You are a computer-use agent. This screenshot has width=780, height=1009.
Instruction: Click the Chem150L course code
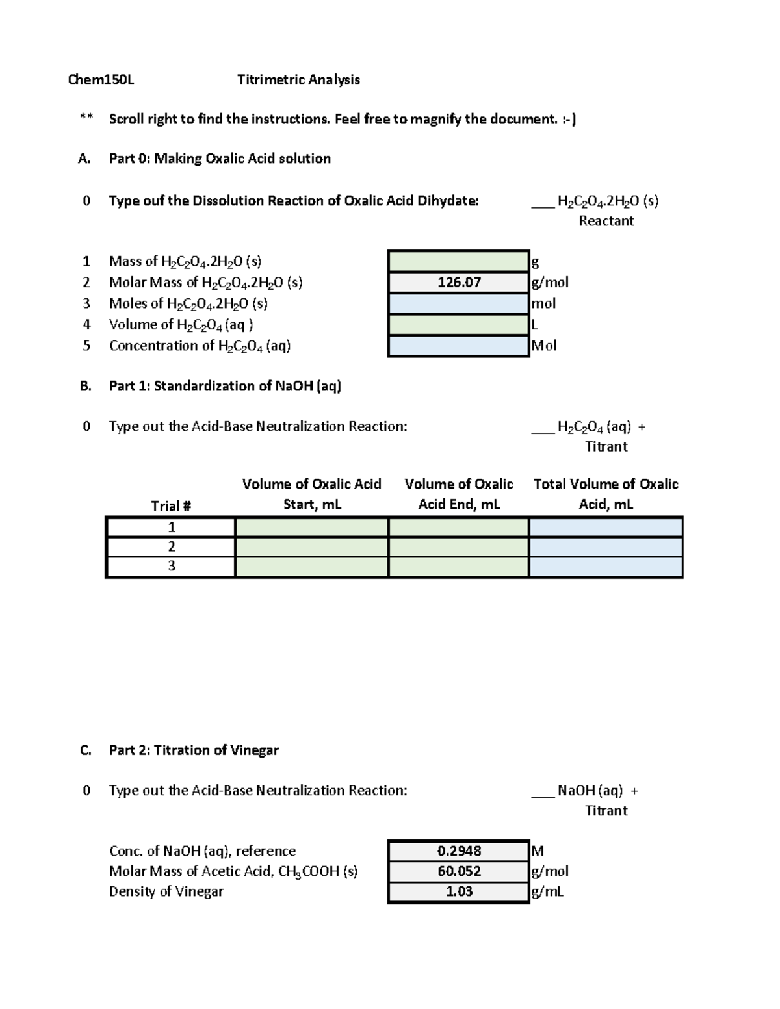point(101,80)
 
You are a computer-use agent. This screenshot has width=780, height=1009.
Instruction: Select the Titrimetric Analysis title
point(298,80)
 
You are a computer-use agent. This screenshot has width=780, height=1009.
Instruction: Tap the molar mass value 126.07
point(459,282)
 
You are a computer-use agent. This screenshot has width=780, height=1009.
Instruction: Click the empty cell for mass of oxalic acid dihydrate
point(459,261)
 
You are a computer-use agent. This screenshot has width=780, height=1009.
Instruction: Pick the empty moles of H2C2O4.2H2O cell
point(459,303)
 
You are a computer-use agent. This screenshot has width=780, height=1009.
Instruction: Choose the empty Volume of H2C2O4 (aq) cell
point(459,324)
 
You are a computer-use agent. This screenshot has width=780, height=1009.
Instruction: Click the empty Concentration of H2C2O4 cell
point(459,346)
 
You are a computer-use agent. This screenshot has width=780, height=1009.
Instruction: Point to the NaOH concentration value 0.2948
point(459,851)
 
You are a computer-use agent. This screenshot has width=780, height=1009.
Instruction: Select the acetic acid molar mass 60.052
point(459,871)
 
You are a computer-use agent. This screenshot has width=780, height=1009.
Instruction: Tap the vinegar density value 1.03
point(459,891)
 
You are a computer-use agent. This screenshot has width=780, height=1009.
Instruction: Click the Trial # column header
point(171,505)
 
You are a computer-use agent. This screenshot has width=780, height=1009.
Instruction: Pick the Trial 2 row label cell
point(171,546)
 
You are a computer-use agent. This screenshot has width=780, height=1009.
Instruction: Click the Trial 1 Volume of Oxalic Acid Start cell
point(311,527)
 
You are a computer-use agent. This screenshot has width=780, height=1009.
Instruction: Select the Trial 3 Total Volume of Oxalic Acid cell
point(606,567)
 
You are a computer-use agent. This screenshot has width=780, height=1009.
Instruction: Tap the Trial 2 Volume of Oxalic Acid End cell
point(459,546)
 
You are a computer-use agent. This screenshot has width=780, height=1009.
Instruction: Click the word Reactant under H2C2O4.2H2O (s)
point(606,221)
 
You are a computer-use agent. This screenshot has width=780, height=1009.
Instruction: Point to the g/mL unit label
point(547,891)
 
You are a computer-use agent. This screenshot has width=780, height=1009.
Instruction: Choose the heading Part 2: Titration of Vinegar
point(194,750)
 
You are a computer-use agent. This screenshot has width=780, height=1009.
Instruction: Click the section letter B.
point(85,386)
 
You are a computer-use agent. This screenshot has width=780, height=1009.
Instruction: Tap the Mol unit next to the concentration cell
point(544,346)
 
